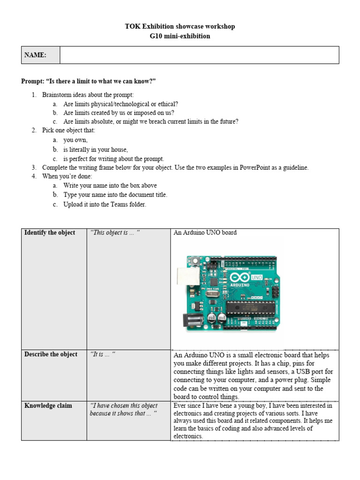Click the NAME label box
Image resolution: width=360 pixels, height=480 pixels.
[x=41, y=55]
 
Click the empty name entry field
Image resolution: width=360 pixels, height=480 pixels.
[x=199, y=55]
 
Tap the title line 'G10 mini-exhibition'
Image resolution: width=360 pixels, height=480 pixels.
[x=180, y=36]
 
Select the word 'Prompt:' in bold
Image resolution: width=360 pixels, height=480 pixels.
[x=33, y=82]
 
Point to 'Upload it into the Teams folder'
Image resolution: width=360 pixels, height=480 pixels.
[x=105, y=204]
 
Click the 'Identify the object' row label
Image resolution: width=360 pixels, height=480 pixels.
[x=50, y=233]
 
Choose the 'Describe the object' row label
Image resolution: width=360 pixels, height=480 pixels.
[x=51, y=354]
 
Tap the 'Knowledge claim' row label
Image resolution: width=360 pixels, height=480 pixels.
[x=48, y=405]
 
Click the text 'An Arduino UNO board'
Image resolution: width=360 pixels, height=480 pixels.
[x=205, y=232]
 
